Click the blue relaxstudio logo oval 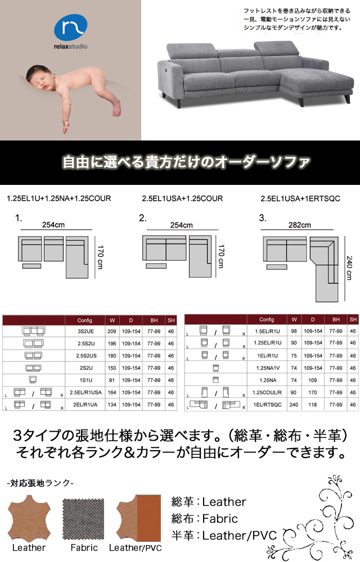pos(71,28)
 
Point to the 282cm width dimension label pos(299,225)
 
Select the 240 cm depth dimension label pos(349,268)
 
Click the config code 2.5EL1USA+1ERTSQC pos(300,198)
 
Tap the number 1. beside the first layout pos(19,218)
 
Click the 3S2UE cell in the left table pos(85,332)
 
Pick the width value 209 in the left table pos(112,332)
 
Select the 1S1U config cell pos(85,380)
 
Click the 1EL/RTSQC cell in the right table pos(268,405)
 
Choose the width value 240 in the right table pos(294,405)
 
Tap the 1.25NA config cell pos(268,380)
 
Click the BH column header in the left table pos(154,320)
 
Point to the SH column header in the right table pos(353,319)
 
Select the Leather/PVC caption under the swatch pos(135,548)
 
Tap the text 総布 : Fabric pos(205,519)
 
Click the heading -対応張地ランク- pos(40,483)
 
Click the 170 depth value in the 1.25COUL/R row pos(313,392)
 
